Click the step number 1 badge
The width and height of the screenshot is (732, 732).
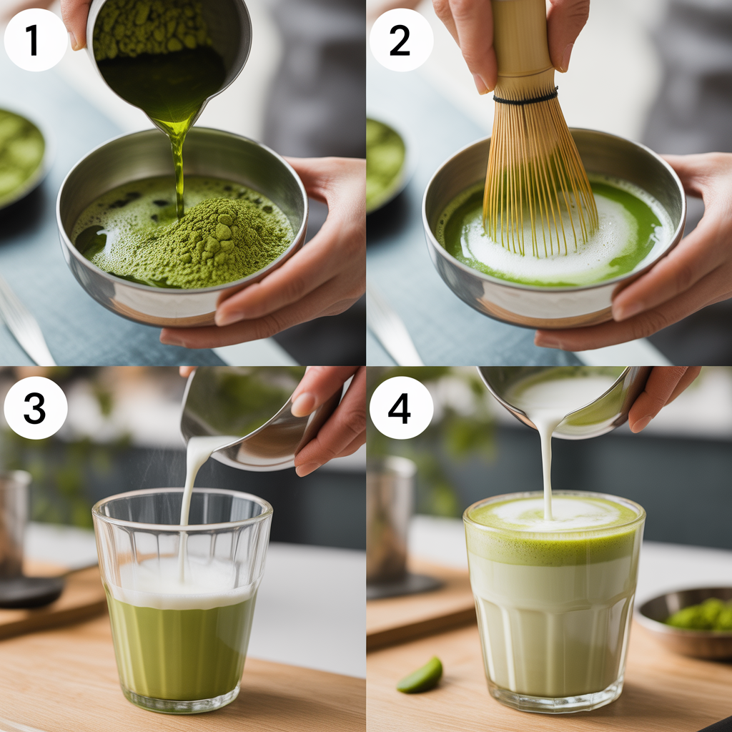click(36, 40)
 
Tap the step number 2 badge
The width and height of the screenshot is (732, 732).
click(402, 40)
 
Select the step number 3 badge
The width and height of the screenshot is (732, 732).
click(36, 407)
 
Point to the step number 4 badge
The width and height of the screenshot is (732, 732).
click(402, 407)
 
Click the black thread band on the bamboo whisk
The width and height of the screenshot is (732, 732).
click(525, 97)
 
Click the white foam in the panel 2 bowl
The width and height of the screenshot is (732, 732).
click(551, 243)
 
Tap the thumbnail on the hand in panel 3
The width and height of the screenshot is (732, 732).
click(303, 405)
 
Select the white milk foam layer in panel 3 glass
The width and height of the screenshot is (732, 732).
click(182, 583)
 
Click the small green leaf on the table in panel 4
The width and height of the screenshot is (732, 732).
click(420, 675)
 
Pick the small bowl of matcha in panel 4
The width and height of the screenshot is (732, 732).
click(686, 622)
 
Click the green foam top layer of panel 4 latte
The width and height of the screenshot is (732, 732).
click(554, 532)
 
